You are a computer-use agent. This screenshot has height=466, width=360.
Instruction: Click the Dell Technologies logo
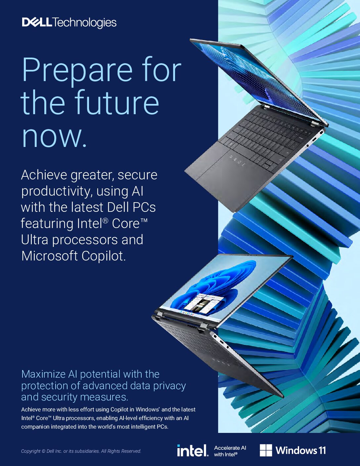tap(69, 23)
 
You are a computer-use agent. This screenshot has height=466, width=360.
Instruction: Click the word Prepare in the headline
tap(77, 70)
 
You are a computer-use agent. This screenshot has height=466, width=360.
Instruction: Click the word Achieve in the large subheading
tap(44, 175)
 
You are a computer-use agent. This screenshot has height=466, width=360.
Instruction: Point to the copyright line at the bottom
tap(81, 451)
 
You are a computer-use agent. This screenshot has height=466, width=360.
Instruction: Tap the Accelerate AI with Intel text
tap(230, 451)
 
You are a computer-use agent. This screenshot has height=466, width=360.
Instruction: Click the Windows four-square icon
tap(266, 450)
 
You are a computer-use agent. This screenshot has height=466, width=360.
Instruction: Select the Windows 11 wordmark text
tap(301, 450)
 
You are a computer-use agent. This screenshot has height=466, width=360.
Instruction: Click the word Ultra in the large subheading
tap(34, 240)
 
